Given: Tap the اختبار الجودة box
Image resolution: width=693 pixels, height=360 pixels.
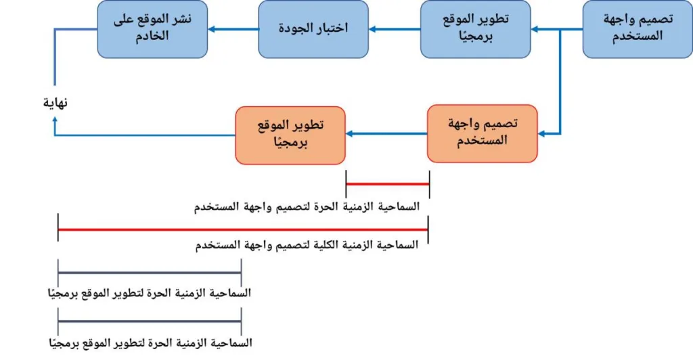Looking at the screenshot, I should click(x=313, y=28).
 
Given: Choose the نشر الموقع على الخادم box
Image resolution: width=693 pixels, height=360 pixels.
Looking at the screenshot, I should click(x=152, y=28).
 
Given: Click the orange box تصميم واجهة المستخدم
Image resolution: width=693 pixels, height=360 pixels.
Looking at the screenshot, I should click(x=483, y=133).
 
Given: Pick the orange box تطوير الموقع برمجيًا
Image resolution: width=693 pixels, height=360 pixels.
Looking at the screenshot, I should click(x=290, y=134).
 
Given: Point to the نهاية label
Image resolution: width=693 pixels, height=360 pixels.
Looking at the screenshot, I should click(x=56, y=103).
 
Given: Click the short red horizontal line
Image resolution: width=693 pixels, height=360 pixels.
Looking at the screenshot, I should click(x=388, y=183).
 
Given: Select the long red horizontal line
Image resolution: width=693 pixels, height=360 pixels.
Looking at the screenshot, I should click(x=244, y=230).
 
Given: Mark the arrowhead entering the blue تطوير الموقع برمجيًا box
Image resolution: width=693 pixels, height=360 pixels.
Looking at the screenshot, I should click(x=534, y=29).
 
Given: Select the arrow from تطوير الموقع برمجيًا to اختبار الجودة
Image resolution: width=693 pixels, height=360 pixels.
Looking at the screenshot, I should click(x=395, y=29).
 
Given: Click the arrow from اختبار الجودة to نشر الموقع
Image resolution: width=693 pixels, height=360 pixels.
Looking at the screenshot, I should click(x=233, y=29).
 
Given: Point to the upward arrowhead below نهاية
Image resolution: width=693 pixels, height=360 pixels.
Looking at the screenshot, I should click(x=56, y=119).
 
